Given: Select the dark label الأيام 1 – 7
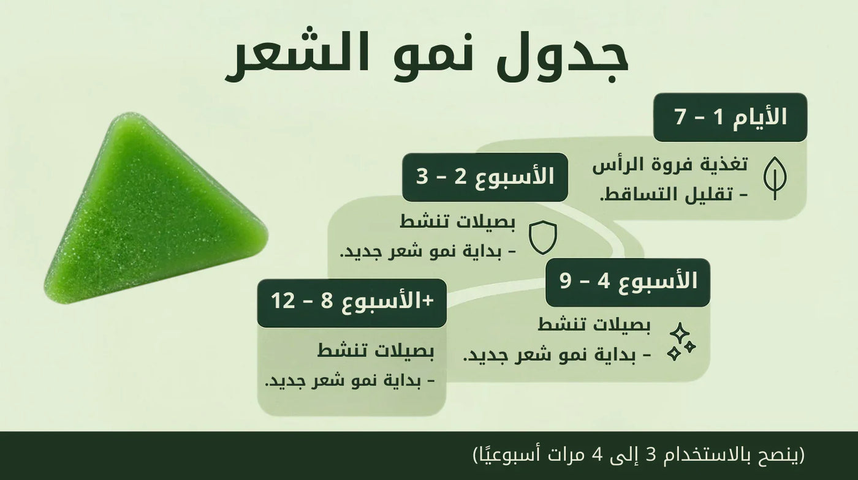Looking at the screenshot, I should (x=730, y=117).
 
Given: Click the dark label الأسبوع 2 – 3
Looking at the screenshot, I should (x=485, y=177).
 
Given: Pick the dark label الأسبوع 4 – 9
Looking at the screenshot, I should (x=628, y=282).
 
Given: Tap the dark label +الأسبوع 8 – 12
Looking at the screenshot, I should (x=352, y=302).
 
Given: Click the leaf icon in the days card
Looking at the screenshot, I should (x=775, y=178).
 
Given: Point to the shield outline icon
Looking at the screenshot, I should (x=542, y=238).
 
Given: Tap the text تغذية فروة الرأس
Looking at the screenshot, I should (x=670, y=165).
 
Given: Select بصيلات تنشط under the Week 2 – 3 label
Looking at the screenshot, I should (x=458, y=222).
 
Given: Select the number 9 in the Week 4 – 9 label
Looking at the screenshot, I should (x=567, y=282).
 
